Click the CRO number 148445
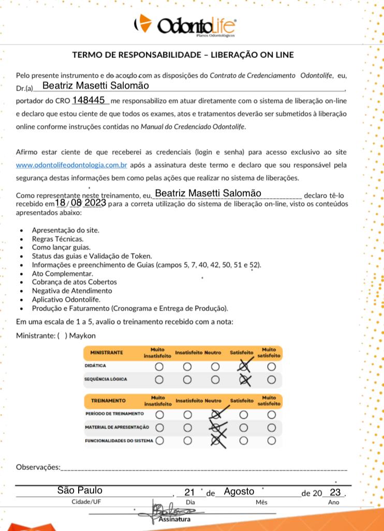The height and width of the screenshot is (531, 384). click(89, 99)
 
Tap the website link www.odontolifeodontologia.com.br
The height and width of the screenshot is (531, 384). click(72, 165)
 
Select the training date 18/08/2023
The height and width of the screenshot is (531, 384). click(81, 203)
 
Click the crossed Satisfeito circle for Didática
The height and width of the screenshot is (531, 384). click(243, 366)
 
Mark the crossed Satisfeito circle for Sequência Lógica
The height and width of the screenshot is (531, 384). click(243, 379)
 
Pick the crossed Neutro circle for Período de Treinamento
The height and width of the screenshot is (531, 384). click(215, 415)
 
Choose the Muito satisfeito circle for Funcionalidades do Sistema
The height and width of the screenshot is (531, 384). click(271, 440)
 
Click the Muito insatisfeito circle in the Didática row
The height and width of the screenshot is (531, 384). click(159, 366)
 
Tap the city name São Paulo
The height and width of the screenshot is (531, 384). click(80, 490)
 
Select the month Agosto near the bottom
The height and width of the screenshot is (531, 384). click(239, 491)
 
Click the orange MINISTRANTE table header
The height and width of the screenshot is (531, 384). click(107, 352)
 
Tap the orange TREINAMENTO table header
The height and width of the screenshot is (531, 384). click(109, 401)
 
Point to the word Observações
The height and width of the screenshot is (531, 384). click(38, 467)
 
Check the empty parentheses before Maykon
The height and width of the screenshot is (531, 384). click(62, 335)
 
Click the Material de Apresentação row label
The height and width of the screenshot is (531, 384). click(117, 427)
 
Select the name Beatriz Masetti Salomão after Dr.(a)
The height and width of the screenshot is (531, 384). click(96, 85)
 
